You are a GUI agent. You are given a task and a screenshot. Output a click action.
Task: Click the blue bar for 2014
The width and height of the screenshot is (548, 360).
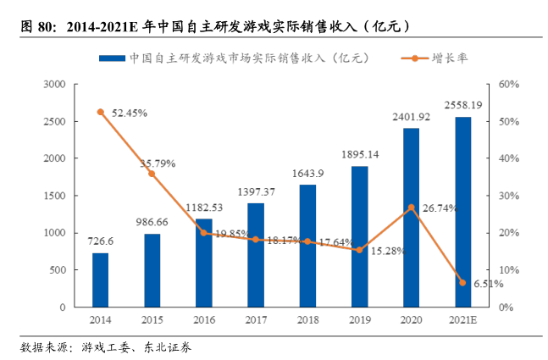(100, 280)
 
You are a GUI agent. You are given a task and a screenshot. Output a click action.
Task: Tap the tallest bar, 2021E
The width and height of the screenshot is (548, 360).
(462, 212)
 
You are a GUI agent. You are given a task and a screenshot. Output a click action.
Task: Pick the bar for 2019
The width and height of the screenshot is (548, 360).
(359, 236)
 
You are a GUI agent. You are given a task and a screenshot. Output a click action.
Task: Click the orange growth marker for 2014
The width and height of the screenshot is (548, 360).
(100, 112)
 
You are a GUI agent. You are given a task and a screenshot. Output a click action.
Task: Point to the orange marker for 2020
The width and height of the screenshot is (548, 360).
(411, 208)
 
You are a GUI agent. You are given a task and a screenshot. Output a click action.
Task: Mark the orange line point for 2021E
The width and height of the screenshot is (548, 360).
(462, 282)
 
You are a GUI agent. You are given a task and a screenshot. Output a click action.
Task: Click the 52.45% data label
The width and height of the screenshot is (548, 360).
(129, 113)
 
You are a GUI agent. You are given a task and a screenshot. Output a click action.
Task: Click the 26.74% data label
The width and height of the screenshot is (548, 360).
(440, 208)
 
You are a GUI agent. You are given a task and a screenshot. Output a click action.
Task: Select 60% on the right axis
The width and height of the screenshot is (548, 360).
(507, 85)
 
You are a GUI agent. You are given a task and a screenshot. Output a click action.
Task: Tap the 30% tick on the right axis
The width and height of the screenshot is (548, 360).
(507, 196)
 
